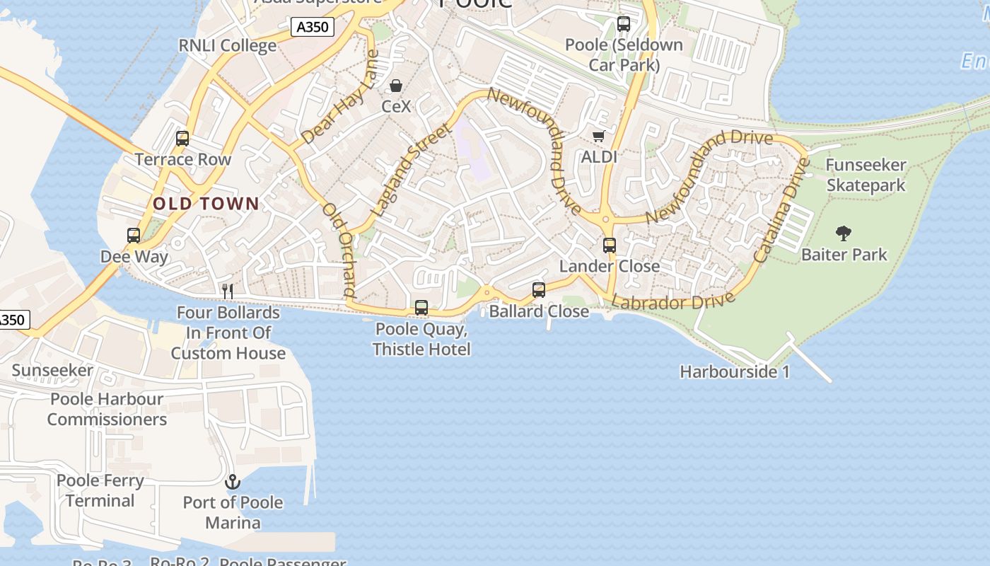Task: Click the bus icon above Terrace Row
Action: pos(182,139)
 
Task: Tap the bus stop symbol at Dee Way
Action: pos(134,236)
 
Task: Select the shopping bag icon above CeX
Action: pos(396,86)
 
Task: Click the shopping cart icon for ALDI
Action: pos(599,136)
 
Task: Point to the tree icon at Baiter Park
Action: pos(843,233)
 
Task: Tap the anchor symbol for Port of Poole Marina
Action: pos(233,483)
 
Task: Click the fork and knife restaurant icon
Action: pos(228,291)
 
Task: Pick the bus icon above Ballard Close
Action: pos(539,290)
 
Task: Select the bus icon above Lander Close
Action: pos(610,246)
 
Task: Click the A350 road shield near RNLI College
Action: pos(312,27)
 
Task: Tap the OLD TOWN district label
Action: pos(206,204)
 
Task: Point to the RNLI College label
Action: pos(228,46)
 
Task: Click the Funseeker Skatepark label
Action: pos(866,175)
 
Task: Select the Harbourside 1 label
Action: pos(735,371)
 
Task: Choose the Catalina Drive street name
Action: pos(781,211)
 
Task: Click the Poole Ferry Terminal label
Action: pos(100,490)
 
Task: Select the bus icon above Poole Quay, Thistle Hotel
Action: pos(421,308)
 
